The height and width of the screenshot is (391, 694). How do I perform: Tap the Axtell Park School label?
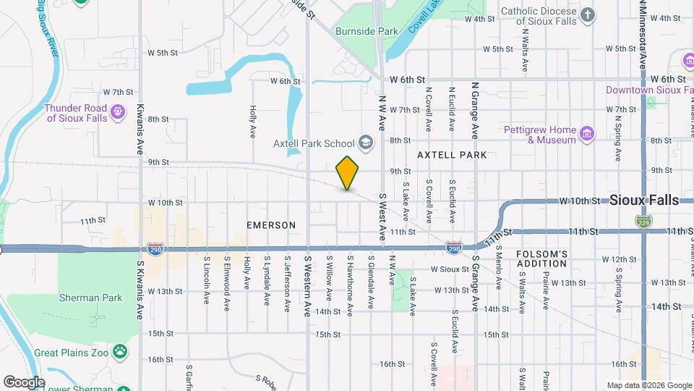314,143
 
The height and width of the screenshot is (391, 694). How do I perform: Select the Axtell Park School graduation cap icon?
365,143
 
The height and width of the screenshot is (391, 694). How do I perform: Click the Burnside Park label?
367,32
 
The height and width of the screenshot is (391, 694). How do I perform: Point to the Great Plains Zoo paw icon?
120,353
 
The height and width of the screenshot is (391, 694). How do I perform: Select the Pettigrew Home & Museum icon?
587,133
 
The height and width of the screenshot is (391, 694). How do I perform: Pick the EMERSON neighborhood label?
271,225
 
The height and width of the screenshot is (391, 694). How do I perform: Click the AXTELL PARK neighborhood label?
452,155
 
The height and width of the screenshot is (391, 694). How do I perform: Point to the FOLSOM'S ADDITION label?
542,258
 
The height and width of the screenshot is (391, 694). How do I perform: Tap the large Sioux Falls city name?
644,200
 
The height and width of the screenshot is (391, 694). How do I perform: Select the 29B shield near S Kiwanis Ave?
155,248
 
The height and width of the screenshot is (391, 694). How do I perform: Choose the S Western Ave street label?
307,285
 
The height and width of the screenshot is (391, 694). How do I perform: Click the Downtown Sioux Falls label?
644,91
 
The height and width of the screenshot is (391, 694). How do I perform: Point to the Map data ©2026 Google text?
649,385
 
